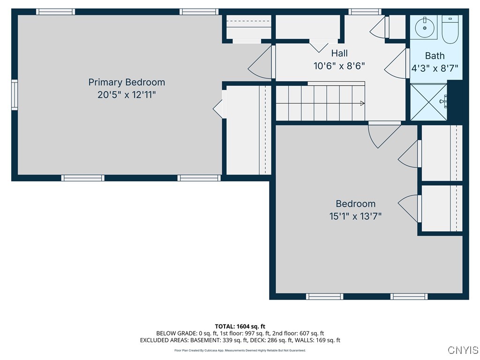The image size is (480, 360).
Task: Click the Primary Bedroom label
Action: click(x=127, y=82)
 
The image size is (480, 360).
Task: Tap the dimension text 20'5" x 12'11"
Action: click(x=127, y=95)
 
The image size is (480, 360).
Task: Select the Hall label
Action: click(x=339, y=53)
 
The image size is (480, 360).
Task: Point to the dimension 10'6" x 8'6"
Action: click(x=339, y=66)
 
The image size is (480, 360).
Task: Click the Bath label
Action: click(x=435, y=56)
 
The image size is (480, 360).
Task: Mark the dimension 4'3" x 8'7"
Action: click(x=435, y=68)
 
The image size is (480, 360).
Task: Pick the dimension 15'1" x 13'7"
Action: click(x=355, y=217)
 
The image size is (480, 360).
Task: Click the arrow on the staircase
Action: click(x=362, y=103)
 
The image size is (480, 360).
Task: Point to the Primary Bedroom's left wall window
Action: click(x=15, y=95)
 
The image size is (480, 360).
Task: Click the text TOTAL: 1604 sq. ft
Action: click(x=240, y=326)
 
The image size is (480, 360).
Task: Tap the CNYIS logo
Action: click(x=463, y=350)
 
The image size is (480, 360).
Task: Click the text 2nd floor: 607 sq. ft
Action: click(x=299, y=333)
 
